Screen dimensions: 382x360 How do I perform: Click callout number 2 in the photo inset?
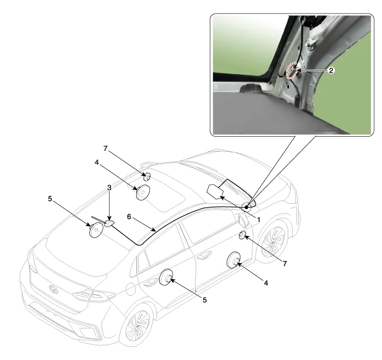(x=331, y=71)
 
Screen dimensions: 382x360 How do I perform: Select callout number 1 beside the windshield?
(x=258, y=219)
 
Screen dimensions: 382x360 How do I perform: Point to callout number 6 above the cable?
(x=129, y=216)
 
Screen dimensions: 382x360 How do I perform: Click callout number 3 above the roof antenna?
(x=109, y=187)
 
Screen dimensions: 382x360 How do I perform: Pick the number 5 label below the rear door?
(x=204, y=300)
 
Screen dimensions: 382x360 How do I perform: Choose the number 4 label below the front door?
(x=266, y=283)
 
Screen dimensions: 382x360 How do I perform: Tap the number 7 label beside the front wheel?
(x=284, y=264)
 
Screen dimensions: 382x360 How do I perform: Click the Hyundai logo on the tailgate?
(x=53, y=289)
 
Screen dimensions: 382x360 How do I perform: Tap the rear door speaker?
(x=166, y=277)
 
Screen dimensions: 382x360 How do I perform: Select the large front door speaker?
(x=234, y=260)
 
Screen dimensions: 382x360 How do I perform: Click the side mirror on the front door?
(x=242, y=219)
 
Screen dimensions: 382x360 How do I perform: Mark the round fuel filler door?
(x=130, y=289)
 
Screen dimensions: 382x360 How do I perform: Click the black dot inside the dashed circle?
(x=246, y=207)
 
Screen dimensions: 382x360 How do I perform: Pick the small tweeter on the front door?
(x=242, y=235)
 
